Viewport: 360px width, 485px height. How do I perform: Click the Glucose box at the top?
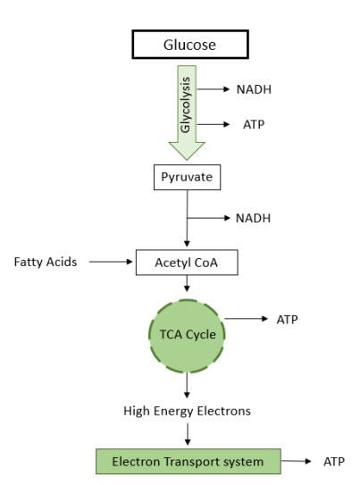click(190, 45)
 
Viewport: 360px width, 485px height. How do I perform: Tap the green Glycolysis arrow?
click(187, 113)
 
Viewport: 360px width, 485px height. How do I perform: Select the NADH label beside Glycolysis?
click(254, 89)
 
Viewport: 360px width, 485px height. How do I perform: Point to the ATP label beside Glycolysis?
click(254, 124)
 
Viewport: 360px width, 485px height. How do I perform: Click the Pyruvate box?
click(187, 177)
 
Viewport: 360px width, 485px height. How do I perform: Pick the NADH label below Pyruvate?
click(253, 218)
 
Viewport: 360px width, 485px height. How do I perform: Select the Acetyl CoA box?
click(187, 263)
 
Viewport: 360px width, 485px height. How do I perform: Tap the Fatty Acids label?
click(46, 262)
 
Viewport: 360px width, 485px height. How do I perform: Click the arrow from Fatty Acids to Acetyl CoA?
click(111, 262)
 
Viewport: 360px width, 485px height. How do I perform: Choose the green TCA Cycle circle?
click(187, 336)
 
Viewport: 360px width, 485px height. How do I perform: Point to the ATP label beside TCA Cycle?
click(287, 320)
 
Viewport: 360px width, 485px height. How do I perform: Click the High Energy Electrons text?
click(187, 411)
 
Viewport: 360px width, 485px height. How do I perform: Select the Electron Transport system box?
click(188, 462)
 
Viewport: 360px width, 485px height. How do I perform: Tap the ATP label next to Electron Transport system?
click(334, 462)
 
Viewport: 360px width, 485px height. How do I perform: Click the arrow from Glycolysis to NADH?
click(213, 89)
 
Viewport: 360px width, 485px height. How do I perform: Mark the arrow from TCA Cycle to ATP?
click(246, 319)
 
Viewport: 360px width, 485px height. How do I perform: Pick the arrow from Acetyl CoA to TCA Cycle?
click(187, 283)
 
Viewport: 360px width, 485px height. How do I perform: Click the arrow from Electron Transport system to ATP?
click(296, 461)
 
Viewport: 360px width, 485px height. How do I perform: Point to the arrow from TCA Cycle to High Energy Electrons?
click(187, 385)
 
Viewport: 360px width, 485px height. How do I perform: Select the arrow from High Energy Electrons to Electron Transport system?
click(188, 434)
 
